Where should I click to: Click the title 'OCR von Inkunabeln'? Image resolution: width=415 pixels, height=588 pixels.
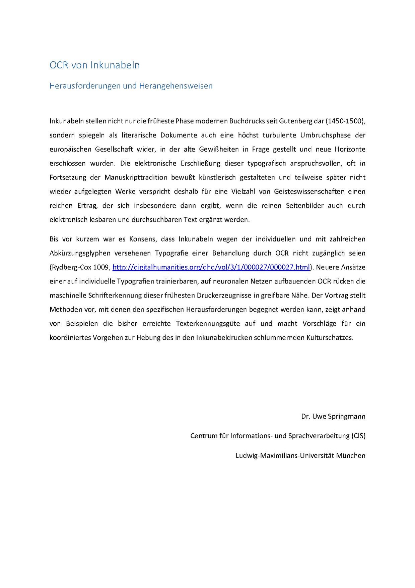pyautogui.click(x=94, y=65)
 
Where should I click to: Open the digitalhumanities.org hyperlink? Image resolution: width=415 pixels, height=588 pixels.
pyautogui.click(x=211, y=267)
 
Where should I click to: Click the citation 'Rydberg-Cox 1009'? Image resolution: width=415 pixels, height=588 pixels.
pyautogui.click(x=80, y=267)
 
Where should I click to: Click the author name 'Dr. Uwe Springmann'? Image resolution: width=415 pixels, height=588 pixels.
pyautogui.click(x=333, y=417)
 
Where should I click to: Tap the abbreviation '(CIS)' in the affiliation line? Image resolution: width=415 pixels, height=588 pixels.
pyautogui.click(x=358, y=436)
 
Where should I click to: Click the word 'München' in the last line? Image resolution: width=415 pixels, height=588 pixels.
pyautogui.click(x=351, y=456)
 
